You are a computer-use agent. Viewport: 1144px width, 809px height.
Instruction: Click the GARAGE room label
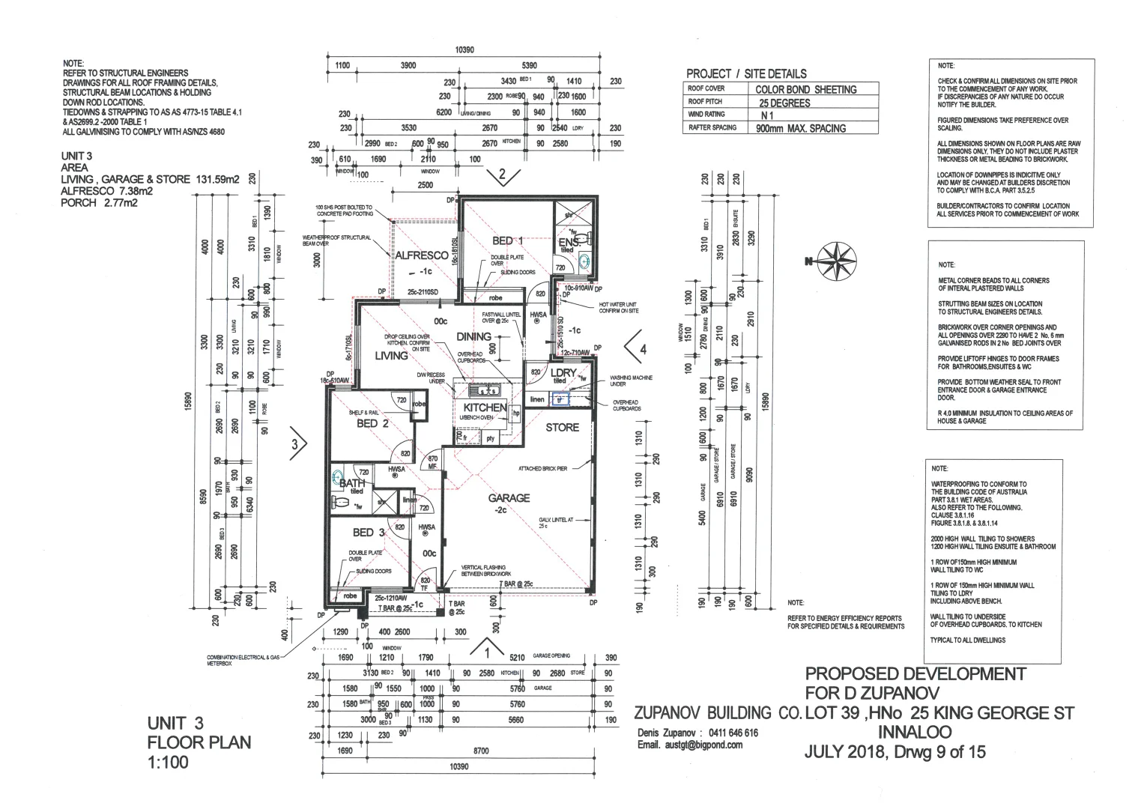coord(509,497)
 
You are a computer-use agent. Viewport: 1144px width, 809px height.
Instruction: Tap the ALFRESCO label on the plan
coord(422,255)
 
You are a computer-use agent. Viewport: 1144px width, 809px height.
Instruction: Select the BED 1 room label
coord(507,240)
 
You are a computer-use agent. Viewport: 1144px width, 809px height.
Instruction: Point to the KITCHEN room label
coord(485,407)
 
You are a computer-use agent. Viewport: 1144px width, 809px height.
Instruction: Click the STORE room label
coord(562,427)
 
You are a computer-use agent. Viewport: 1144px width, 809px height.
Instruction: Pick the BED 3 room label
coord(369,532)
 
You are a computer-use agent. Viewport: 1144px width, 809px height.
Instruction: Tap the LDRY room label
coord(563,372)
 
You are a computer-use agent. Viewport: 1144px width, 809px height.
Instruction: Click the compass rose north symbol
coord(837,260)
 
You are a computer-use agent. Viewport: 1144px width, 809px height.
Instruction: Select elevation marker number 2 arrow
coord(503,177)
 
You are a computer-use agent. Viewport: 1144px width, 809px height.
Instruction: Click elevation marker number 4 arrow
coord(635,348)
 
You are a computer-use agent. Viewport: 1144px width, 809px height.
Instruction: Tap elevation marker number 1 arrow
coord(488,647)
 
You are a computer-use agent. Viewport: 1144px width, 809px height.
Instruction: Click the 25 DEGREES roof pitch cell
coord(784,103)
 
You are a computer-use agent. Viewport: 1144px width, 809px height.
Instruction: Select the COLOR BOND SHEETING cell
coord(805,89)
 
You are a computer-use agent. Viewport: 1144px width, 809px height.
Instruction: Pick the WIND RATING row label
coord(706,115)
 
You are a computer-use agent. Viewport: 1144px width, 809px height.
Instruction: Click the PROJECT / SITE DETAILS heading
coord(746,73)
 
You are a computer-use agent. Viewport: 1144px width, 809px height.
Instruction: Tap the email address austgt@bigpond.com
coord(690,745)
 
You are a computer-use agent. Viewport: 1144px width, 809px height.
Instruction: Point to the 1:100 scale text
coord(168,763)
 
